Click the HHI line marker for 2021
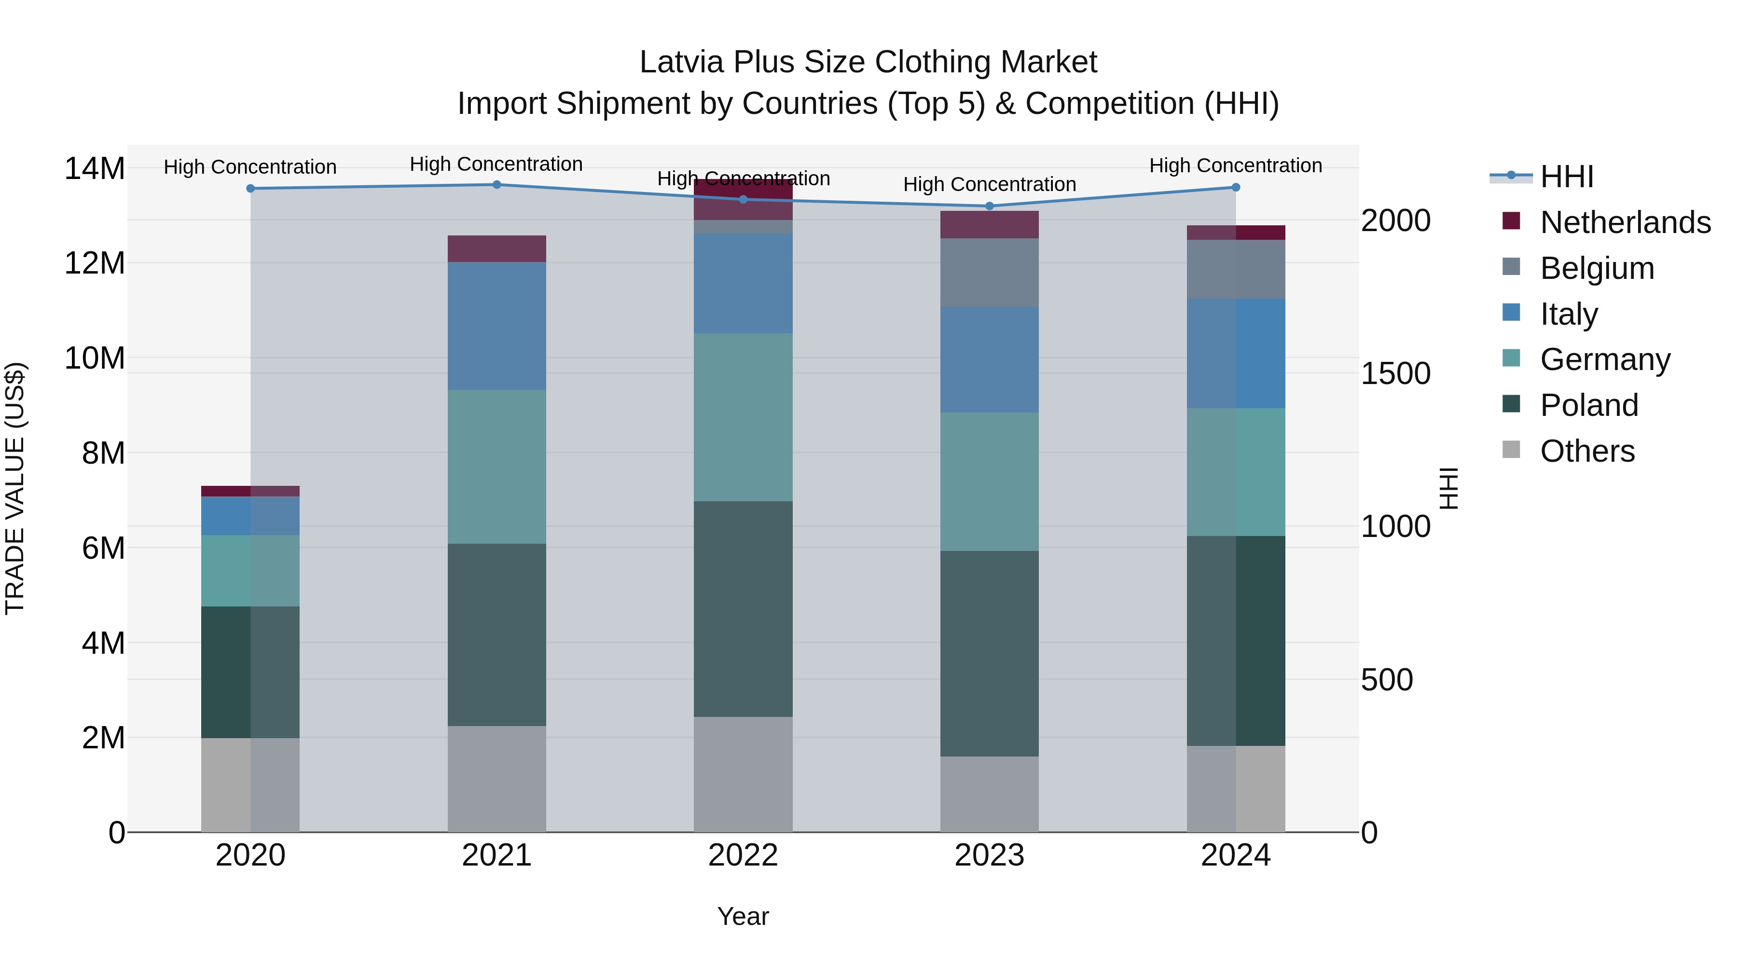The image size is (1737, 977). tap(496, 184)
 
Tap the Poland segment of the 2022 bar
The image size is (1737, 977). tap(743, 608)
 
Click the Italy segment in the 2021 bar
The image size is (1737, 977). tap(496, 326)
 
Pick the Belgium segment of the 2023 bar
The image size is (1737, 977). tap(989, 273)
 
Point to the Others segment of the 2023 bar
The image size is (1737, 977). tap(989, 794)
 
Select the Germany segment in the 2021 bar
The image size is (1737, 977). tap(496, 467)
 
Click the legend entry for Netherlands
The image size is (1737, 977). tap(1625, 222)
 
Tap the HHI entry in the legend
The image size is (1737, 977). tap(1566, 177)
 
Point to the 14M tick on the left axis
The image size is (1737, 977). tap(95, 168)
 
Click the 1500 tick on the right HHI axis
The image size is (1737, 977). tap(1395, 373)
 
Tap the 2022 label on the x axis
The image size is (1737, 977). tap(743, 855)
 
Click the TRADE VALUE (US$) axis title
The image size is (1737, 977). tap(15, 488)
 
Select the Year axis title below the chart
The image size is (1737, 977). tap(743, 916)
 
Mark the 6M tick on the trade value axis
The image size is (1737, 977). tap(103, 548)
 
